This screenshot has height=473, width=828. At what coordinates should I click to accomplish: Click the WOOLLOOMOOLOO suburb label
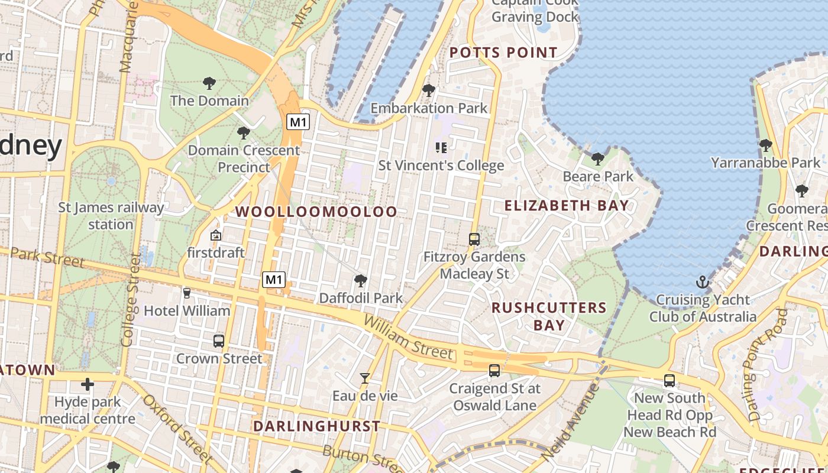click(x=316, y=212)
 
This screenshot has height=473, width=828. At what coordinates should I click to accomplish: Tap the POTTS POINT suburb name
click(x=503, y=53)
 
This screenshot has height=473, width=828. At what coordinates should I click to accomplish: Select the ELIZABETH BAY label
click(x=566, y=206)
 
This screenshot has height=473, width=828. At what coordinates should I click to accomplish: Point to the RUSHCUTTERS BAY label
click(x=549, y=316)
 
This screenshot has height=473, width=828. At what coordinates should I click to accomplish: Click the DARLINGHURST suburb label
click(x=316, y=426)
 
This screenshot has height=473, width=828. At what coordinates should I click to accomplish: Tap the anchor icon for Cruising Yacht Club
click(x=703, y=282)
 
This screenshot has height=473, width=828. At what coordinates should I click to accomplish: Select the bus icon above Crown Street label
click(x=219, y=341)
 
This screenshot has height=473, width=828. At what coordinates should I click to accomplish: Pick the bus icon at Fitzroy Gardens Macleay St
click(x=474, y=239)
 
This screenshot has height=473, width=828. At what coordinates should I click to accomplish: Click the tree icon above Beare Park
click(x=598, y=158)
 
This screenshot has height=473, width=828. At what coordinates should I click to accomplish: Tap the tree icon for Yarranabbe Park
click(x=766, y=145)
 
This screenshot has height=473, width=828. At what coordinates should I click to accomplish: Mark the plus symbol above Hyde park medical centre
click(x=88, y=385)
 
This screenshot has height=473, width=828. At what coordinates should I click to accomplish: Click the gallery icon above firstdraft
click(x=216, y=235)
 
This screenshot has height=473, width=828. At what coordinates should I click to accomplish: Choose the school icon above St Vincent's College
click(x=441, y=147)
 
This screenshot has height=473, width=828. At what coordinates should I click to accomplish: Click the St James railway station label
click(x=111, y=216)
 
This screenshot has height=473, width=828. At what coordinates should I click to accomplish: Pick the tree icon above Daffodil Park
click(x=360, y=280)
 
